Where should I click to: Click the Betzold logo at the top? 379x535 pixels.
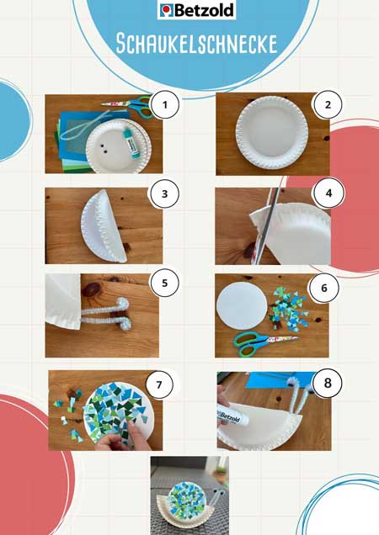196,10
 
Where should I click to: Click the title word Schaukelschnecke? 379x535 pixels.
196,44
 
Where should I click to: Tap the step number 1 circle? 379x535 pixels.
165,104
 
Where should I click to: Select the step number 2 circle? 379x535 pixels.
328,104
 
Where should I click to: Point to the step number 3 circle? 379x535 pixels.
165,193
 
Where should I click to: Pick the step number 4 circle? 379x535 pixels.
328,193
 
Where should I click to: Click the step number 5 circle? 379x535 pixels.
165,283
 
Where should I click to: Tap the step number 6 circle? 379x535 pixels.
324,288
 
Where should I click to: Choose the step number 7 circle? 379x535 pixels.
159,384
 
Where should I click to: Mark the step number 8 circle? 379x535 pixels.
328,383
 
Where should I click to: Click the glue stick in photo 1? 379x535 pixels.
131,140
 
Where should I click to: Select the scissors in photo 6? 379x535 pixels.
264,343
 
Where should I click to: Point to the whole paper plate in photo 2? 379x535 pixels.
272,132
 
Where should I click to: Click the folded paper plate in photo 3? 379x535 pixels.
103,225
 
